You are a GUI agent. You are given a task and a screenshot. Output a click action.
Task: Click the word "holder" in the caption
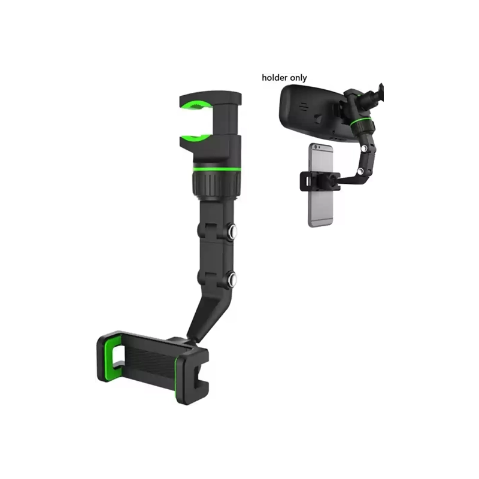[275, 78]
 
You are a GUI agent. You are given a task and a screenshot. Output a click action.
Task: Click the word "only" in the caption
[298, 78]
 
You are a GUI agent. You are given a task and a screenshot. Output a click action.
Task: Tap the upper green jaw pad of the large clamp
[196, 105]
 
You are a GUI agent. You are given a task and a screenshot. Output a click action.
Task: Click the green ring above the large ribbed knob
[217, 169]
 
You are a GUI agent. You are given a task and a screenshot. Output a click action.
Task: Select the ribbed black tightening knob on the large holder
[216, 185]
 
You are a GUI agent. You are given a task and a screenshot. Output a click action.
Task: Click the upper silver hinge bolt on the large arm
[232, 231]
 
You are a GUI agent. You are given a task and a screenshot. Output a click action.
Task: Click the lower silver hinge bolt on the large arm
[232, 278]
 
